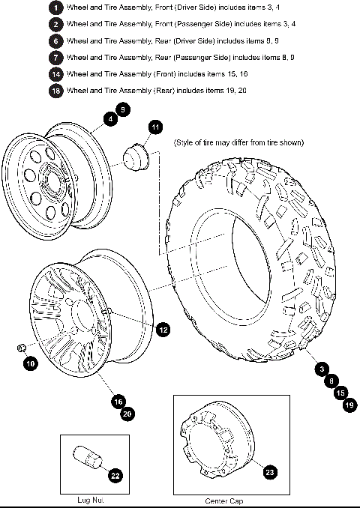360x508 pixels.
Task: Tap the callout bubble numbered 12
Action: [x=163, y=328]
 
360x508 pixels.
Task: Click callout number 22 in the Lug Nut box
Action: [x=115, y=474]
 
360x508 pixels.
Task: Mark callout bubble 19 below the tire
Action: [x=349, y=405]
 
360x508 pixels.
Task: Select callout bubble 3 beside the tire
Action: [x=320, y=369]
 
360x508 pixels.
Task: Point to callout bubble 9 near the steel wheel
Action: [x=124, y=109]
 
